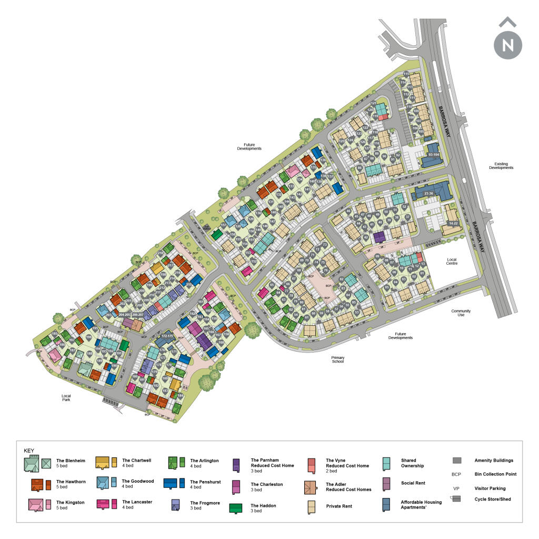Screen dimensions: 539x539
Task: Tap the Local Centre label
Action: coord(452,261)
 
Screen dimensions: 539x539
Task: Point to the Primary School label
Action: coord(337,359)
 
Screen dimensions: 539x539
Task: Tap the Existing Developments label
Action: coord(501,165)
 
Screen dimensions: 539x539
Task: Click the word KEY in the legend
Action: coord(29,451)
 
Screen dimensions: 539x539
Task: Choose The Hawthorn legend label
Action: coord(67,482)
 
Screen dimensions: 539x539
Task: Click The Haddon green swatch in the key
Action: coord(235,508)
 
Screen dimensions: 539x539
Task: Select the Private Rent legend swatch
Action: coord(312,507)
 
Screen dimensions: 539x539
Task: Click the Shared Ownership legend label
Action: coord(412,463)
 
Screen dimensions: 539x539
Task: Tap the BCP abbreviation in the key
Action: coord(456,474)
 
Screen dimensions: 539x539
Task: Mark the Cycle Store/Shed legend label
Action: coord(492,499)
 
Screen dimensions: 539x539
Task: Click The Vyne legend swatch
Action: coord(312,464)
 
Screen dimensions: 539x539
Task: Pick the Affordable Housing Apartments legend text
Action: coord(421,504)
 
